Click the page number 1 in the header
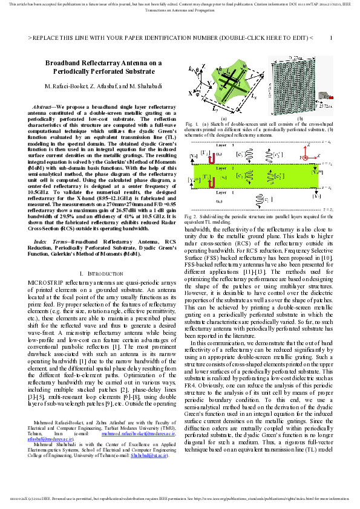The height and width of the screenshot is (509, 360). pos(331,37)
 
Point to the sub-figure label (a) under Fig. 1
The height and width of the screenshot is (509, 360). pos(223,118)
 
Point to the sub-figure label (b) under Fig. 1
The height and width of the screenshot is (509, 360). pos(300,118)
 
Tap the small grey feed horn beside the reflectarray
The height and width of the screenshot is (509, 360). pos(325,96)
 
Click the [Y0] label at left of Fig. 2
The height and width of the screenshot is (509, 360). pos(192,155)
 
